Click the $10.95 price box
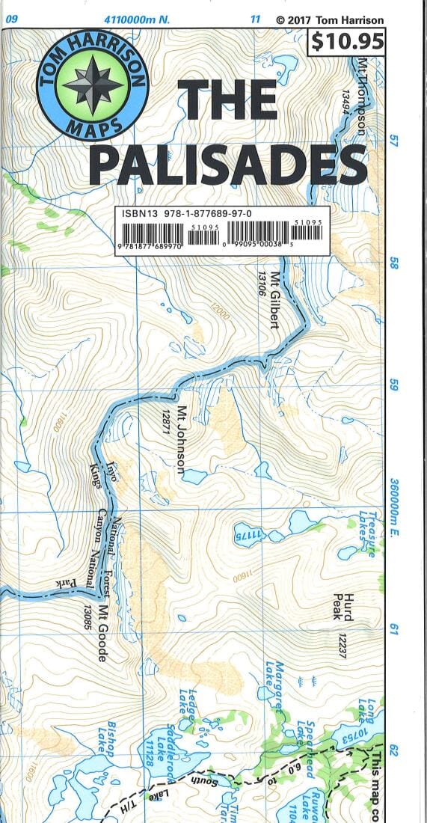346,42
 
